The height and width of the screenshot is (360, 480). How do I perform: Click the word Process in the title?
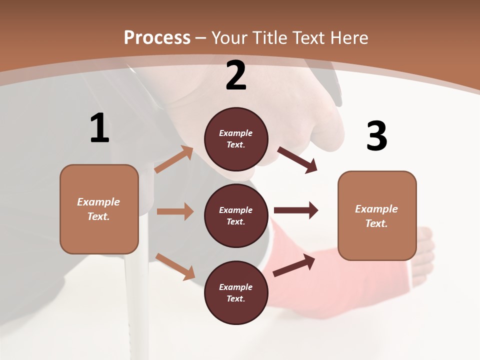[x=157, y=38]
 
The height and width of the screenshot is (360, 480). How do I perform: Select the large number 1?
[x=99, y=128]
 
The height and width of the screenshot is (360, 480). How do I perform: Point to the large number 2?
[x=236, y=75]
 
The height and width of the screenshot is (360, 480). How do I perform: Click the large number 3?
[x=376, y=136]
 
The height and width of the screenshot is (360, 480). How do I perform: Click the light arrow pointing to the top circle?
[x=174, y=159]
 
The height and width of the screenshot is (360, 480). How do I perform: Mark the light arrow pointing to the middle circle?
[x=175, y=211]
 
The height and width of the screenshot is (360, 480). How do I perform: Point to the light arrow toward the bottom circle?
[x=175, y=266]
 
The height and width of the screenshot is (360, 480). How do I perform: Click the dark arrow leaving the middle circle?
[x=296, y=210]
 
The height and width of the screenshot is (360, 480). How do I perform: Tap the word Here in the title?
[x=348, y=38]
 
